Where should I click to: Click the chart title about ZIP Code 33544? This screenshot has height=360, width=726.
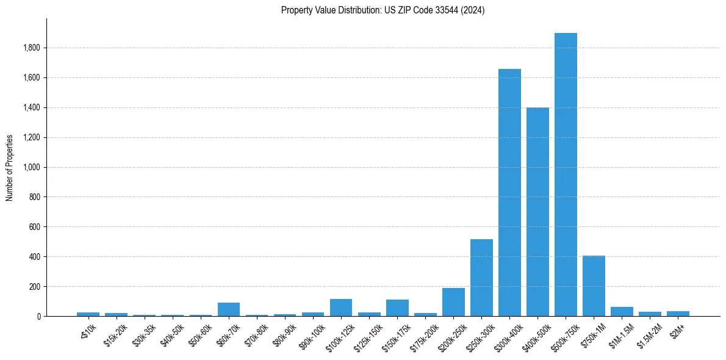coord(383,10)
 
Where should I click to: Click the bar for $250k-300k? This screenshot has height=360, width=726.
coord(481,278)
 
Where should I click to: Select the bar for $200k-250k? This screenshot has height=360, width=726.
coord(453,302)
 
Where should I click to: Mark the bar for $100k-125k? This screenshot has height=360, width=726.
coord(341,308)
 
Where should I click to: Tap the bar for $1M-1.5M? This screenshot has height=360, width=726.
coord(622,312)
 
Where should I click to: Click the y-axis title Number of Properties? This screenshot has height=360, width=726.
coord(10,167)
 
